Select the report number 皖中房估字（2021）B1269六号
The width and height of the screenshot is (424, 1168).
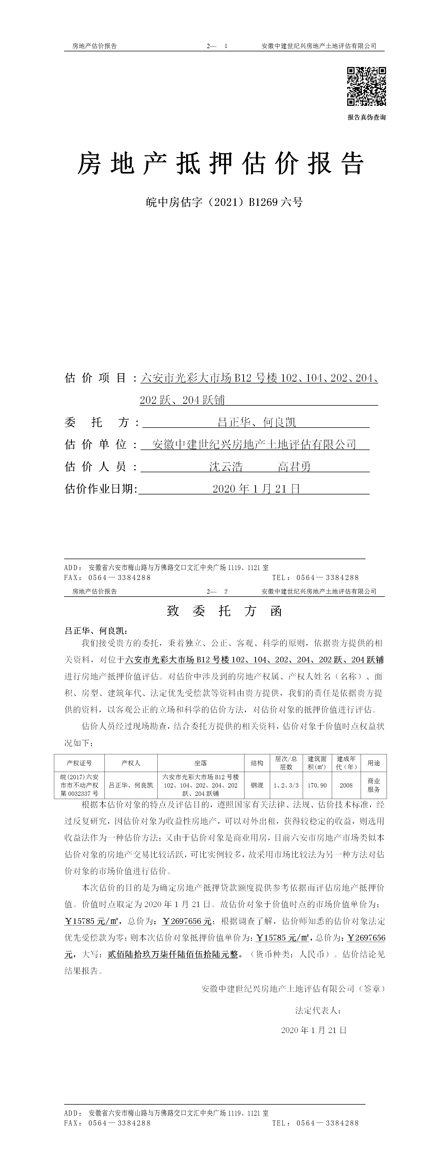click(224, 202)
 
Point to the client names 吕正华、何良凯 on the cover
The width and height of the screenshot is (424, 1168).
click(256, 422)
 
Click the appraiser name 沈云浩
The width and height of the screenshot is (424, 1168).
click(225, 467)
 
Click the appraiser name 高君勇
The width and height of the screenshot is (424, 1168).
click(294, 467)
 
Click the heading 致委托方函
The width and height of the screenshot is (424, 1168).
click(224, 611)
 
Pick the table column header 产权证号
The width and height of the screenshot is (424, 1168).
click(79, 763)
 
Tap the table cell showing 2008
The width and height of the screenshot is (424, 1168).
click(346, 785)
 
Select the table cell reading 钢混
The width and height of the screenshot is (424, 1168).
click(257, 785)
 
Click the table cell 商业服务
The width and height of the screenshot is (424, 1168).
click(374, 785)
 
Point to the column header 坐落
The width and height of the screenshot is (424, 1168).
click(201, 763)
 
